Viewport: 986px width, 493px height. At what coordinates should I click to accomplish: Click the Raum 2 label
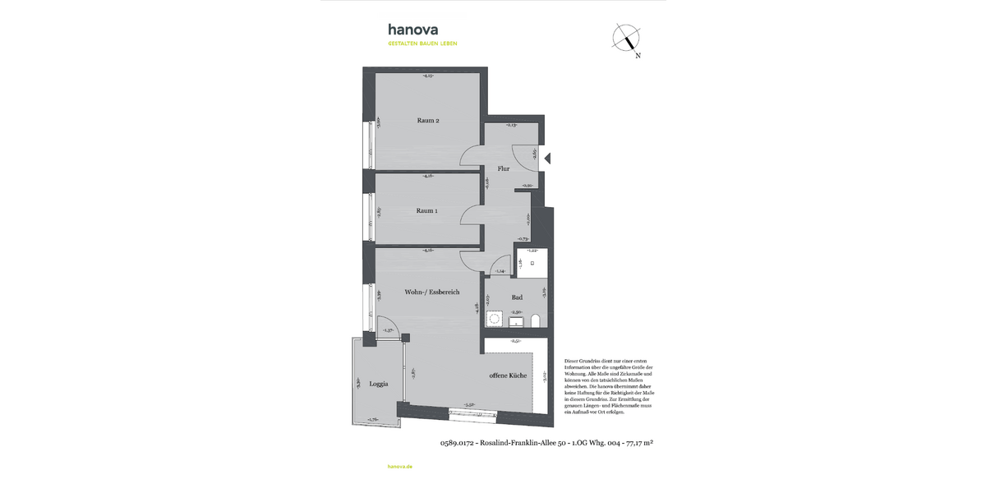tap(428, 121)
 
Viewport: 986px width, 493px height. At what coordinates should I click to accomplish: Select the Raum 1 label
tap(426, 210)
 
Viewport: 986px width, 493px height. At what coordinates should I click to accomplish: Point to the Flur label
tap(503, 168)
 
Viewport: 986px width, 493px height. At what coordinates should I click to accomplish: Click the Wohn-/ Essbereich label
tap(431, 292)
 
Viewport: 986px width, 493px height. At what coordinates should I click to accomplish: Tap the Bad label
tap(517, 297)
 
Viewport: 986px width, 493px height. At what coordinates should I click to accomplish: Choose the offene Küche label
tap(507, 376)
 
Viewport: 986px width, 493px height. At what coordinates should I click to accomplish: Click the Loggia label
tap(378, 384)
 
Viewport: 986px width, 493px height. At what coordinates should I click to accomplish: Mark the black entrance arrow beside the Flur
tap(548, 159)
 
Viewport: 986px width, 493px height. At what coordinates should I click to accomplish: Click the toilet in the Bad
tap(536, 320)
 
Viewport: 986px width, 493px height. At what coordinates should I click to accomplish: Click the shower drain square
tap(532, 263)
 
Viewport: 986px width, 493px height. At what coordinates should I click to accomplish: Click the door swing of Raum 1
tap(472, 215)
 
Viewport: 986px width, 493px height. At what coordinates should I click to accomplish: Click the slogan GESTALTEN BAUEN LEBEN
tap(422, 44)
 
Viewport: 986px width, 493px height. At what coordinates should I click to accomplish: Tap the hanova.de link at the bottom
tap(399, 466)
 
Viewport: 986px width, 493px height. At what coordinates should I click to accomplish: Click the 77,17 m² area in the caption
tap(639, 443)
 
